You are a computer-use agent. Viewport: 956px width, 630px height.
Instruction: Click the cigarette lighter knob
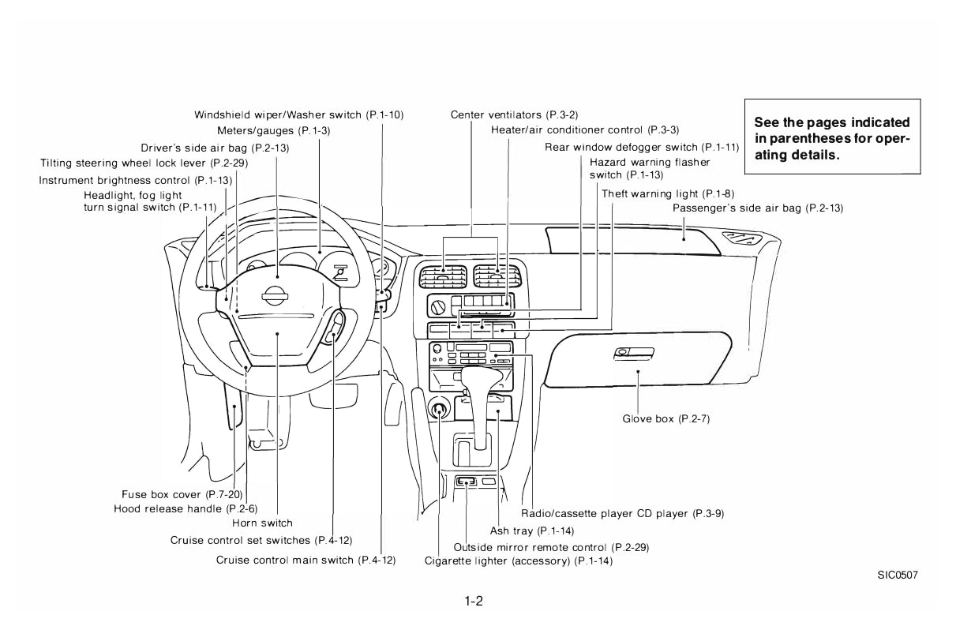439,409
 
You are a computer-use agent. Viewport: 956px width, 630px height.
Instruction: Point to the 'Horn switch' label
262,523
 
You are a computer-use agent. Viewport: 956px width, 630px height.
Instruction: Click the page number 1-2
474,601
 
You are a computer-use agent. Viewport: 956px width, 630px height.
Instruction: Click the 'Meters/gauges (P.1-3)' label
273,130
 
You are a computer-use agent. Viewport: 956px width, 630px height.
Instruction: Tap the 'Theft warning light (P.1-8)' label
668,193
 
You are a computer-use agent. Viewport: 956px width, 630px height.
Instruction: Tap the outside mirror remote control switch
467,481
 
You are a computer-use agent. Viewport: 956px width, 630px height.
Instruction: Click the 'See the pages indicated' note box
832,138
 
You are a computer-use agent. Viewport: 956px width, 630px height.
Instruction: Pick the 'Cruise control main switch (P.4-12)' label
306,560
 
